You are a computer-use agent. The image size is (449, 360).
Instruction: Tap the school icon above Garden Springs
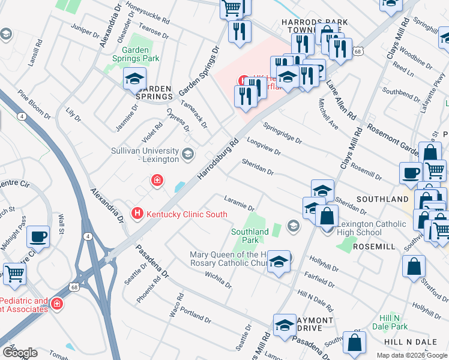point(134,79)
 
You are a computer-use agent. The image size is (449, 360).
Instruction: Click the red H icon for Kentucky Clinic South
point(137,214)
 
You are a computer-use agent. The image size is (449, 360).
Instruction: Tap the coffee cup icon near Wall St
point(38,236)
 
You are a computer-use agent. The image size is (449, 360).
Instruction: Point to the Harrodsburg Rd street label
point(218,159)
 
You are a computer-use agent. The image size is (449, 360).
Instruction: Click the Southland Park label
point(250,235)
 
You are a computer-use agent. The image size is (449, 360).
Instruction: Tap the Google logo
point(20,353)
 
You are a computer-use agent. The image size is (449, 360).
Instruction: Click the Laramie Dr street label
point(240,203)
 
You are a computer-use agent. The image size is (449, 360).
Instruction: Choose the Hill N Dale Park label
point(393,322)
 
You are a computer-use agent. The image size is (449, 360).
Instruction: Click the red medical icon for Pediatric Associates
point(57,304)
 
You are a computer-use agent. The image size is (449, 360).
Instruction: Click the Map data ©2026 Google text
point(411,355)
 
